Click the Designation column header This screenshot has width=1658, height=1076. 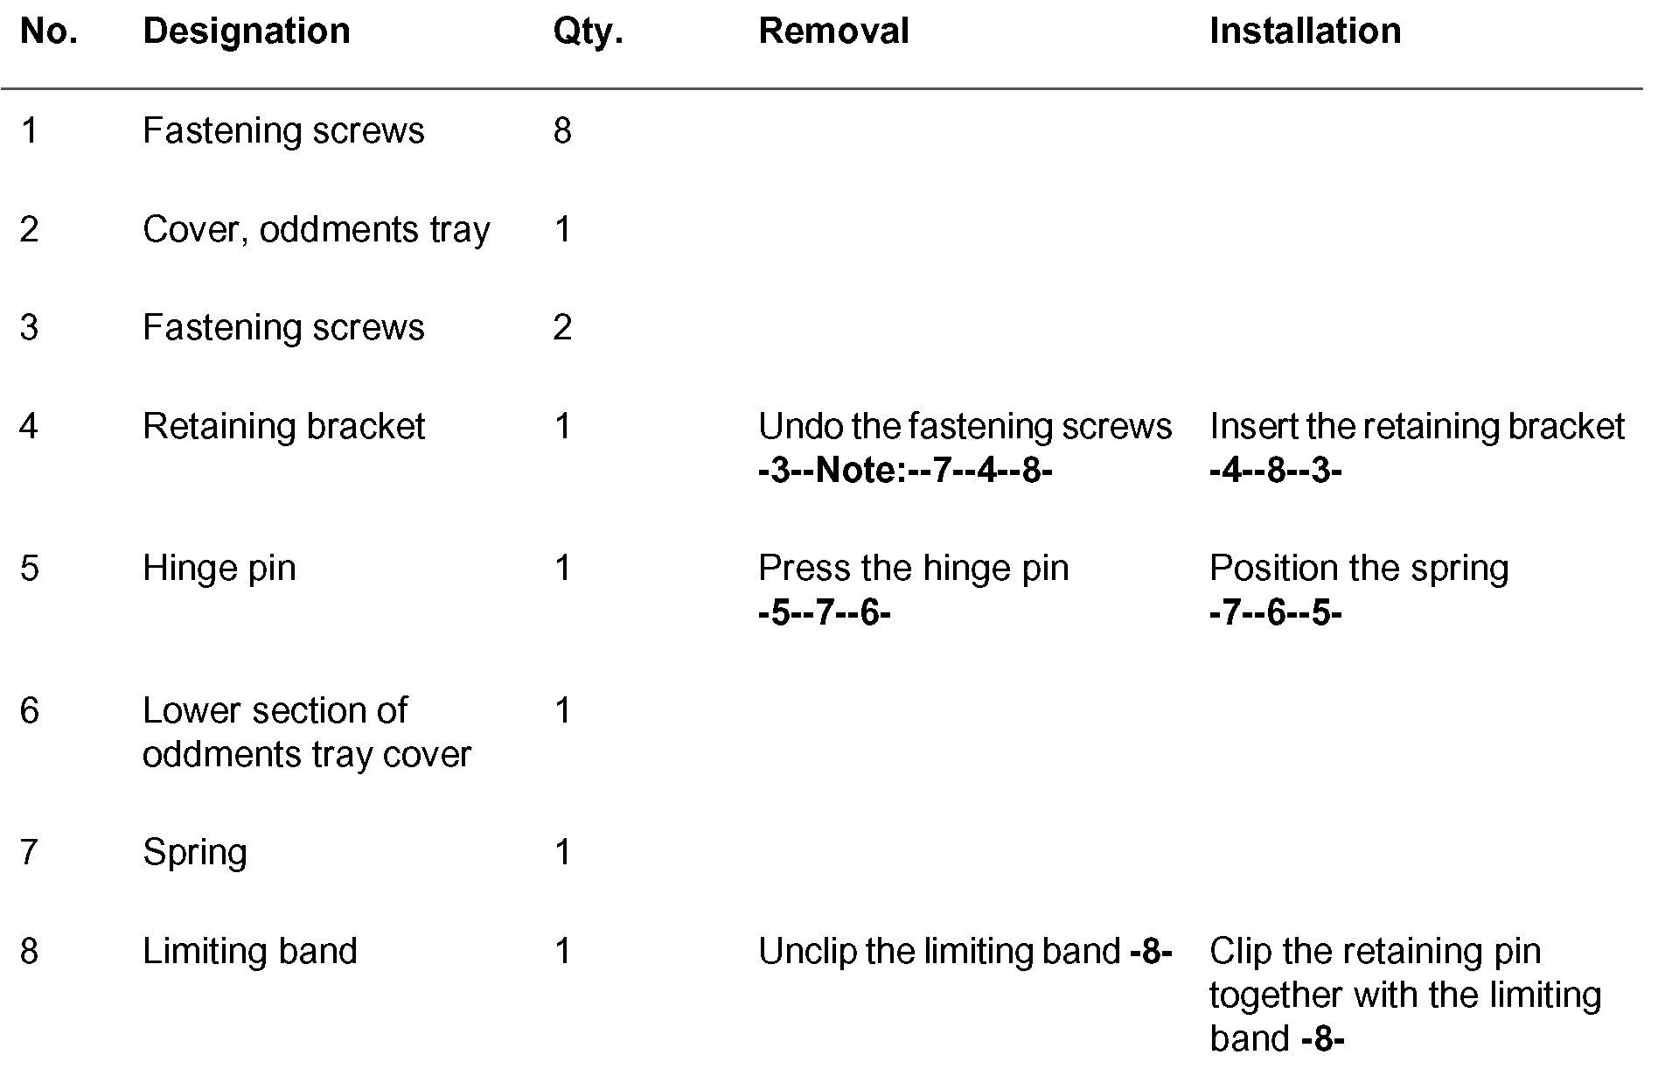[x=246, y=31]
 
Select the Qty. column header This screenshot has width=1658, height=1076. [x=587, y=31]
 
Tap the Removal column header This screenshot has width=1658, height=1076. [x=832, y=31]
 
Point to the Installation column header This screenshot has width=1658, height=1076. [x=1304, y=31]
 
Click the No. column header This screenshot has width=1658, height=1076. [x=48, y=31]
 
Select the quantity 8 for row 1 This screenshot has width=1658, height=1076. [x=562, y=131]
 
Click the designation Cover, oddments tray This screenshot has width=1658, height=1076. [x=316, y=230]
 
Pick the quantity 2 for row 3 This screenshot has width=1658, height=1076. [x=562, y=328]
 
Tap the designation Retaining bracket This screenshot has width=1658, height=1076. [x=283, y=427]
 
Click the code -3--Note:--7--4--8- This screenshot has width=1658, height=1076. [x=904, y=472]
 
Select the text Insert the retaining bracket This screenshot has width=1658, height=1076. [x=1416, y=427]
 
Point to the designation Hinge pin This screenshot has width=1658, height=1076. [x=219, y=569]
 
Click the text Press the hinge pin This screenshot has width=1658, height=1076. [x=913, y=569]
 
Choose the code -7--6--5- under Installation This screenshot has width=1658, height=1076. [x=1275, y=613]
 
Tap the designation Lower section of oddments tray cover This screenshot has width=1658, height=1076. [x=306, y=732]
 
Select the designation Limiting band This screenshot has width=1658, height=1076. [x=249, y=952]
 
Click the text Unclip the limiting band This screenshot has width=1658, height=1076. [x=938, y=952]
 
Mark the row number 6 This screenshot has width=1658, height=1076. [x=29, y=711]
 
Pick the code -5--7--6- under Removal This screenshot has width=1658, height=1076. [x=824, y=613]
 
